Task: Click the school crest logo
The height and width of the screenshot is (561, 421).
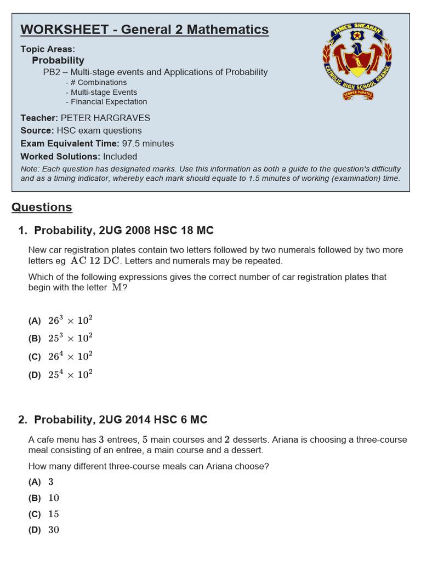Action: [357, 62]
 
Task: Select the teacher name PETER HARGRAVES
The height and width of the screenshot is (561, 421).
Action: [105, 118]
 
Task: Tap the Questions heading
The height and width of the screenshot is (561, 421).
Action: [42, 207]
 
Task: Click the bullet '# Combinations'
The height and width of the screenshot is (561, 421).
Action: [96, 82]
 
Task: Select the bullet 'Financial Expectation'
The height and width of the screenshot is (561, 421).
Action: [106, 101]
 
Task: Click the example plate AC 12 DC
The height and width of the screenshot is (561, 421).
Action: [95, 261]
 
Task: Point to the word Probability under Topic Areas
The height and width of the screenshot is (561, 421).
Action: [58, 60]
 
